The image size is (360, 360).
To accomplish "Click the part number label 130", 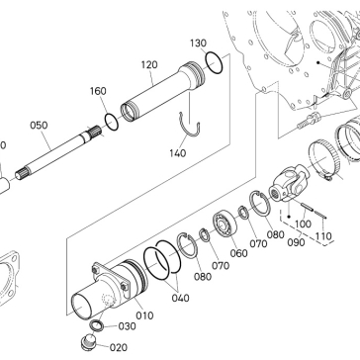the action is (199, 44).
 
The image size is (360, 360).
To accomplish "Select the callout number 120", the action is (149, 64).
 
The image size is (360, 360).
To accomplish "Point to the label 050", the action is (39, 126).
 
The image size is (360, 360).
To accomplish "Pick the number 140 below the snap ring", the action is (178, 153).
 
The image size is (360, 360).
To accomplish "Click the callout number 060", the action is (239, 253).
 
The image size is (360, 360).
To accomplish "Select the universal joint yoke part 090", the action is (289, 183).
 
